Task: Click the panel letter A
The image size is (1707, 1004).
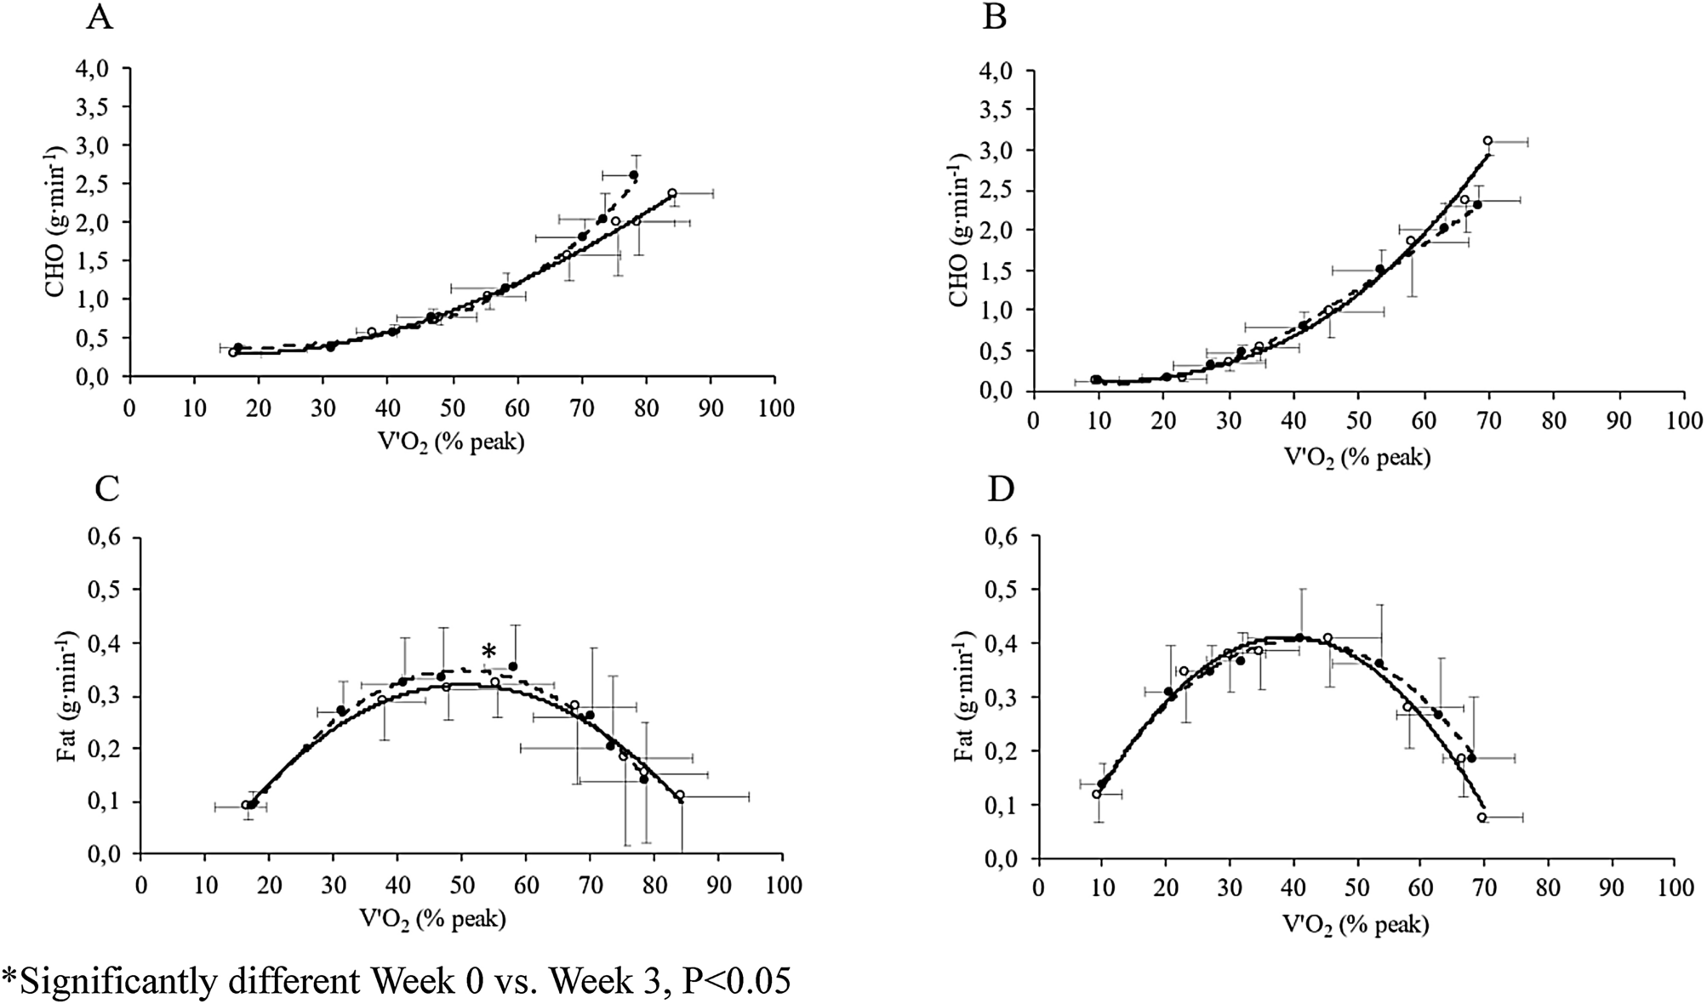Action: click(100, 18)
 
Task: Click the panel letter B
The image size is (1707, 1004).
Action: click(995, 18)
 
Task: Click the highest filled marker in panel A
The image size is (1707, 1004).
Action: click(633, 175)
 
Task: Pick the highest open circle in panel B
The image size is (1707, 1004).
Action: click(1487, 141)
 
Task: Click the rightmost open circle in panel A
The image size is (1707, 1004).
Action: click(671, 194)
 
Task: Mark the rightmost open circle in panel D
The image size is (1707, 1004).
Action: click(1481, 817)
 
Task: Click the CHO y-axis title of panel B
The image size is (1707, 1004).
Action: click(959, 230)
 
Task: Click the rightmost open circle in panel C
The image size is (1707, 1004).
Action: click(680, 795)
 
